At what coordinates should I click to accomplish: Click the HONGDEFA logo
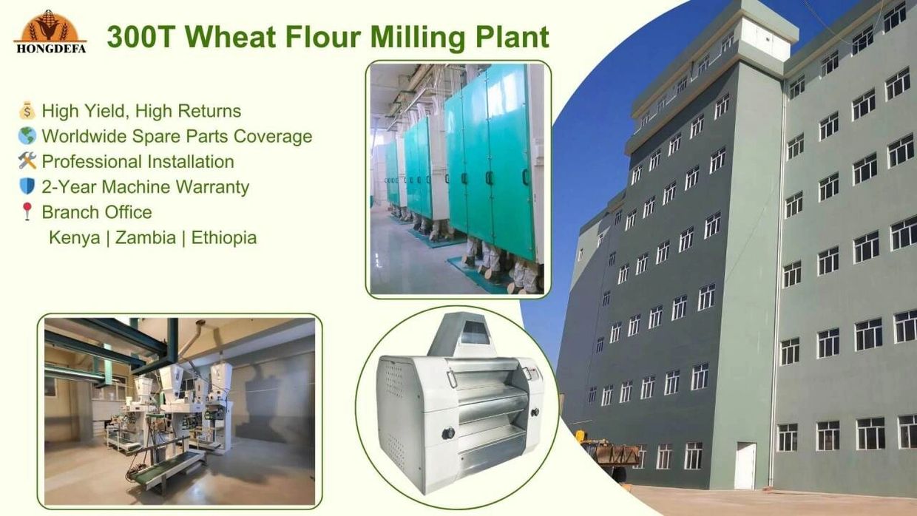50,31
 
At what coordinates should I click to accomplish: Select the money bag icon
27,112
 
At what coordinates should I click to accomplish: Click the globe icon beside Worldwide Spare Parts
27,137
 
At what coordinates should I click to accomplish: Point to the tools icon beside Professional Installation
27,161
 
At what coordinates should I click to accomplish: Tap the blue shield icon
27,186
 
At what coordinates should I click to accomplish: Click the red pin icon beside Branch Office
27,211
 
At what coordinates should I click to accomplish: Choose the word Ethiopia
224,238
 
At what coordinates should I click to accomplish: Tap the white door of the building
745,466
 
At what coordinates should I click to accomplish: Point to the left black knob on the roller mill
448,434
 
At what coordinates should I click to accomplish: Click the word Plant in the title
515,37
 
